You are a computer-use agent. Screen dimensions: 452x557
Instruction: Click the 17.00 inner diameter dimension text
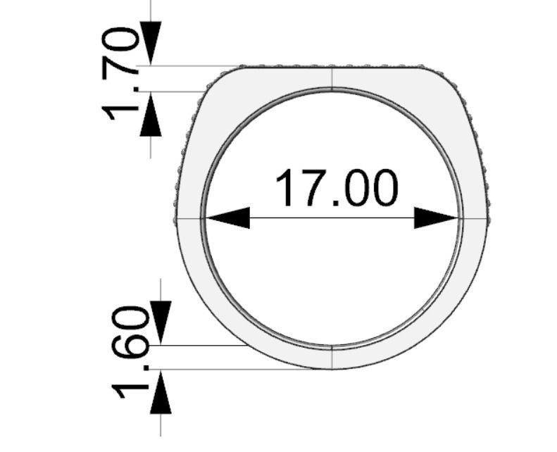(x=336, y=189)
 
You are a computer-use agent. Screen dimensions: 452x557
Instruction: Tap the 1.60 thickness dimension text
(x=132, y=352)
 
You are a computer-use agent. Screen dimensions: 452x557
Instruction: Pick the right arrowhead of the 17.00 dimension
(x=437, y=218)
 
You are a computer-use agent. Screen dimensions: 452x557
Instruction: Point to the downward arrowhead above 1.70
(x=151, y=42)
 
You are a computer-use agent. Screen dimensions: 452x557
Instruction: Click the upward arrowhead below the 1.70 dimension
(x=151, y=114)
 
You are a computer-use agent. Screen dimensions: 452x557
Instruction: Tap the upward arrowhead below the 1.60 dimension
(x=161, y=393)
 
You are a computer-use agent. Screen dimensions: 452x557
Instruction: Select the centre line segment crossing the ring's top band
(x=332, y=77)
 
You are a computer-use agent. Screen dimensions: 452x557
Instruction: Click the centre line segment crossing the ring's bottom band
(x=332, y=358)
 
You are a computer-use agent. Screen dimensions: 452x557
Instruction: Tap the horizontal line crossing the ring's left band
(x=188, y=218)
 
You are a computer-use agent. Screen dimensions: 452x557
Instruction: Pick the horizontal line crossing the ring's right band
(x=475, y=218)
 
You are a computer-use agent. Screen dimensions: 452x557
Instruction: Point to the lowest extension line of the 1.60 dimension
(x=232, y=369)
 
